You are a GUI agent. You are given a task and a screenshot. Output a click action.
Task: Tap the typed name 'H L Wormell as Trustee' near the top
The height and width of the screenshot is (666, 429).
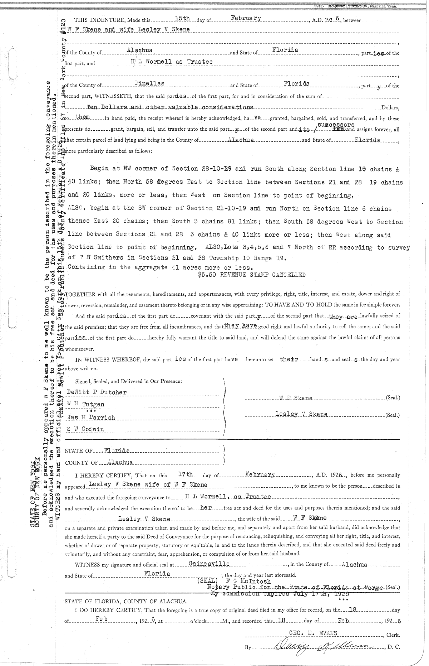point(172,62)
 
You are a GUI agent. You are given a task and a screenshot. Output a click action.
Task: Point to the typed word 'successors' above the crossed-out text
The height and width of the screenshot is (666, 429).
point(336,125)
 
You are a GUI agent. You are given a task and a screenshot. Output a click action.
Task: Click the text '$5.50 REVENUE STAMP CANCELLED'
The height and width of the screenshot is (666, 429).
point(251,275)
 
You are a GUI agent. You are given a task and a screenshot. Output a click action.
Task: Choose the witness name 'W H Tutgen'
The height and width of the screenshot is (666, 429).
point(85,404)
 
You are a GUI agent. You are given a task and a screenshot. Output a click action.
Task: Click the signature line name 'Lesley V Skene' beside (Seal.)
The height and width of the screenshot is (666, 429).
point(301,414)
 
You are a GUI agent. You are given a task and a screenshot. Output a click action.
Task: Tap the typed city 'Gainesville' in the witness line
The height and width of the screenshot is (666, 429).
point(209,564)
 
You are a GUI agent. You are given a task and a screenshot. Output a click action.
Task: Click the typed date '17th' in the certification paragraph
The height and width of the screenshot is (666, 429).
point(185,474)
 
